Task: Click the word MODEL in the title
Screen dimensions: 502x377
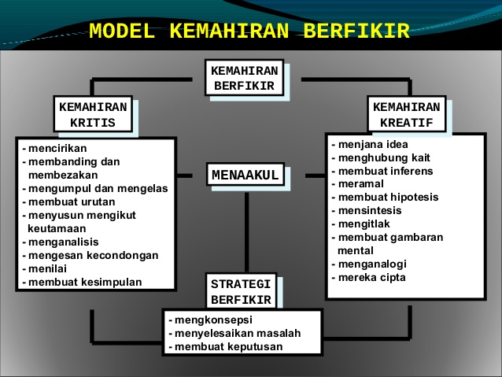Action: point(122,31)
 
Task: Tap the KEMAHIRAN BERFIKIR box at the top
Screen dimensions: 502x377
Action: point(244,77)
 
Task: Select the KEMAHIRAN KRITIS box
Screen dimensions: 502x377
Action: point(93,114)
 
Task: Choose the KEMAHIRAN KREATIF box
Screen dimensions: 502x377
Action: point(407,114)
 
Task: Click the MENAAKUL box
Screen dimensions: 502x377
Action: point(245,175)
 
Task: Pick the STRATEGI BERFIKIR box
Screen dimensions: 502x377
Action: point(241,291)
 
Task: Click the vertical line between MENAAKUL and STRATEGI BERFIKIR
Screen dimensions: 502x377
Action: point(246,232)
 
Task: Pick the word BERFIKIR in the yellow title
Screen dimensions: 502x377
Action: point(356,31)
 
